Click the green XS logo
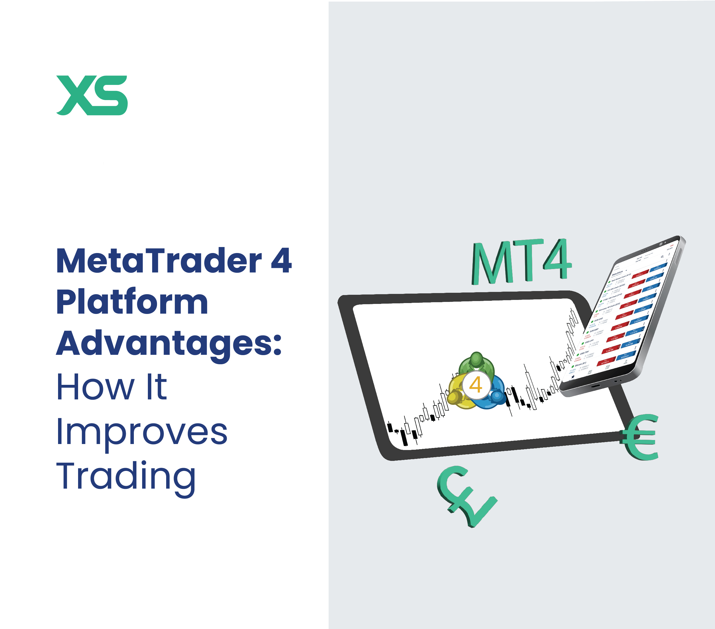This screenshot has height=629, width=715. point(92,95)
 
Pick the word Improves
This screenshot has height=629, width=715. point(142,433)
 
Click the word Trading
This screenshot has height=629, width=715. point(126,476)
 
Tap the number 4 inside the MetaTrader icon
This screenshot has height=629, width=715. point(475,385)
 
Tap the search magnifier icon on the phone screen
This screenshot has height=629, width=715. point(662,257)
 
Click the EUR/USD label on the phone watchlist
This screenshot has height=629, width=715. point(599,319)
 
